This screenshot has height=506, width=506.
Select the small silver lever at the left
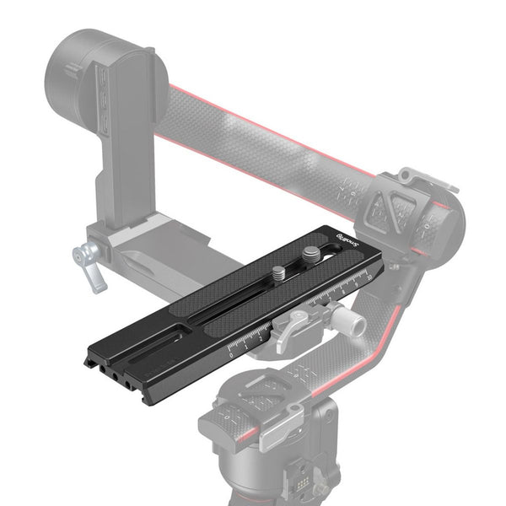90,260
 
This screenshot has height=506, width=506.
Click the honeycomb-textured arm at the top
253,135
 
